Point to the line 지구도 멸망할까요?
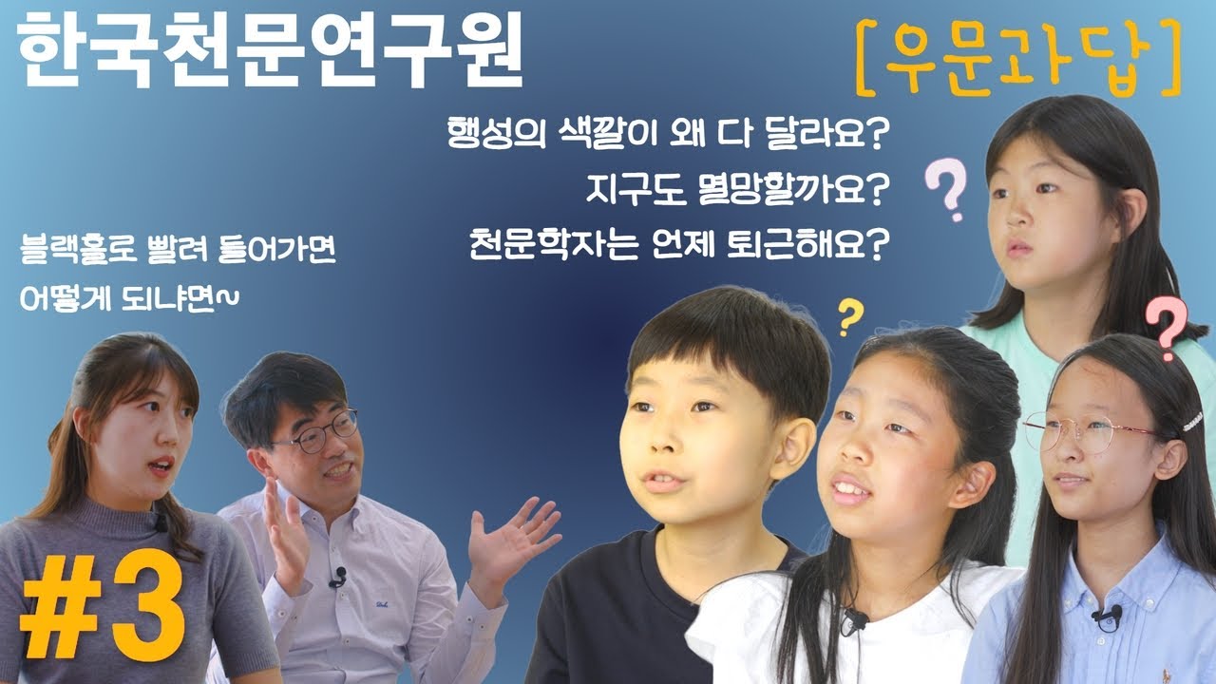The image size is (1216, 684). (737, 191)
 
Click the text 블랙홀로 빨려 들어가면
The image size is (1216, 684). (179, 256)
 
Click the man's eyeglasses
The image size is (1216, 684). (319, 433)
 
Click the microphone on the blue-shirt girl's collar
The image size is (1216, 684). (1108, 616)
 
